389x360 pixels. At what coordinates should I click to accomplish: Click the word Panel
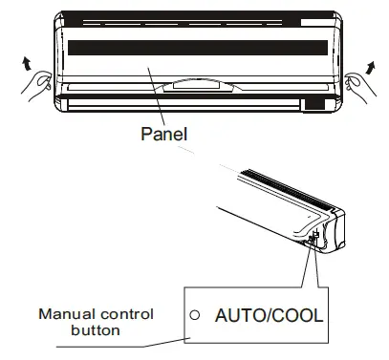[164, 135]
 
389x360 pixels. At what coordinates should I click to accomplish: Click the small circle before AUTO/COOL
[194, 312]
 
